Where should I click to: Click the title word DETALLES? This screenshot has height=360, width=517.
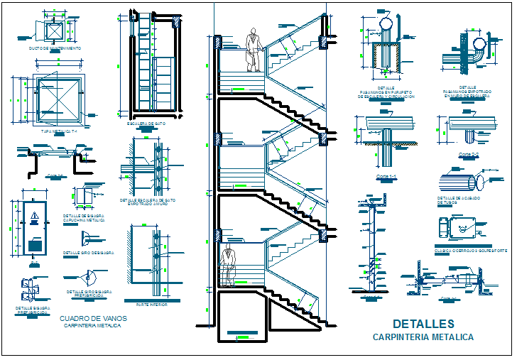[423, 324]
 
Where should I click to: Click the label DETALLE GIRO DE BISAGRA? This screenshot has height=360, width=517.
[87, 252]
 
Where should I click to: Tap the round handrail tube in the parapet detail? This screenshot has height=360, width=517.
[386, 24]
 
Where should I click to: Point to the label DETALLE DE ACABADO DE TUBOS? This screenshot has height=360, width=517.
[456, 200]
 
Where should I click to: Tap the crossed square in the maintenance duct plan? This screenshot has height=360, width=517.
[53, 29]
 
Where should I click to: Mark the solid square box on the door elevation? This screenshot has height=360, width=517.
[33, 245]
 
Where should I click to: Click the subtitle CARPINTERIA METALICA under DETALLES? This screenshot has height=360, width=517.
[423, 337]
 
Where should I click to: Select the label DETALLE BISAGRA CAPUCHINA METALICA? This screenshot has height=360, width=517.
[87, 218]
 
